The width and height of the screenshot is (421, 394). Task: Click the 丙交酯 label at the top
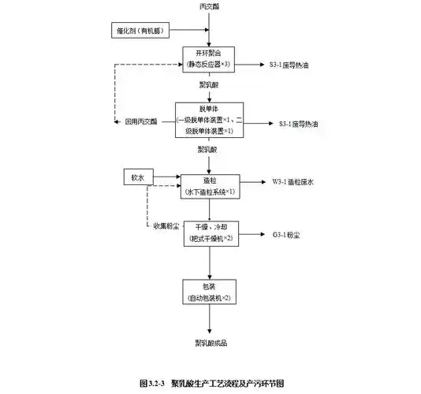(x=209, y=6)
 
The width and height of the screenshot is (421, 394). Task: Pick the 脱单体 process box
(x=209, y=119)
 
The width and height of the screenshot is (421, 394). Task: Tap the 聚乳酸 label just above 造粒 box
(x=209, y=150)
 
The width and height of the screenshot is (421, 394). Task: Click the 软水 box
(x=138, y=177)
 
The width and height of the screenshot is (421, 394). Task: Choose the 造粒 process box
(x=209, y=185)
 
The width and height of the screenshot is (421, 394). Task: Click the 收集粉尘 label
(x=167, y=227)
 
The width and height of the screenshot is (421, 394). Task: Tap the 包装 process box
(x=209, y=292)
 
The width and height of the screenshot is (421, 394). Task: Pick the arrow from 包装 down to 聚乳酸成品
(x=209, y=319)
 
